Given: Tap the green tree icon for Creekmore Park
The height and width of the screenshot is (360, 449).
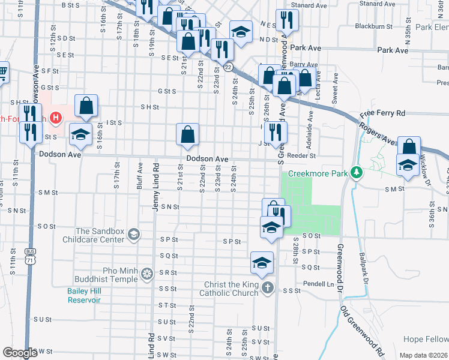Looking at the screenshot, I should [357, 173].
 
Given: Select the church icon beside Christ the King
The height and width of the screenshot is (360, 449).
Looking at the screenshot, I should [268, 289].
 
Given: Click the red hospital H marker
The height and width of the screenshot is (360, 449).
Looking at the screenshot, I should [56, 118].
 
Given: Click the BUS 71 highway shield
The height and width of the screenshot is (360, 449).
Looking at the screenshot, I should [31, 256].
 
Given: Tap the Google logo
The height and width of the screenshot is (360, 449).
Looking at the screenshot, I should [20, 353].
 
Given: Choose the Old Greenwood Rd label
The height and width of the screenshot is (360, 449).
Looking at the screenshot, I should [363, 330].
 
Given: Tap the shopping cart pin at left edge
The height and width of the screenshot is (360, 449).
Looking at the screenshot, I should [2, 73].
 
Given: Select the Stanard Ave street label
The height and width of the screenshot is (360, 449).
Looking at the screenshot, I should [309, 5].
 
